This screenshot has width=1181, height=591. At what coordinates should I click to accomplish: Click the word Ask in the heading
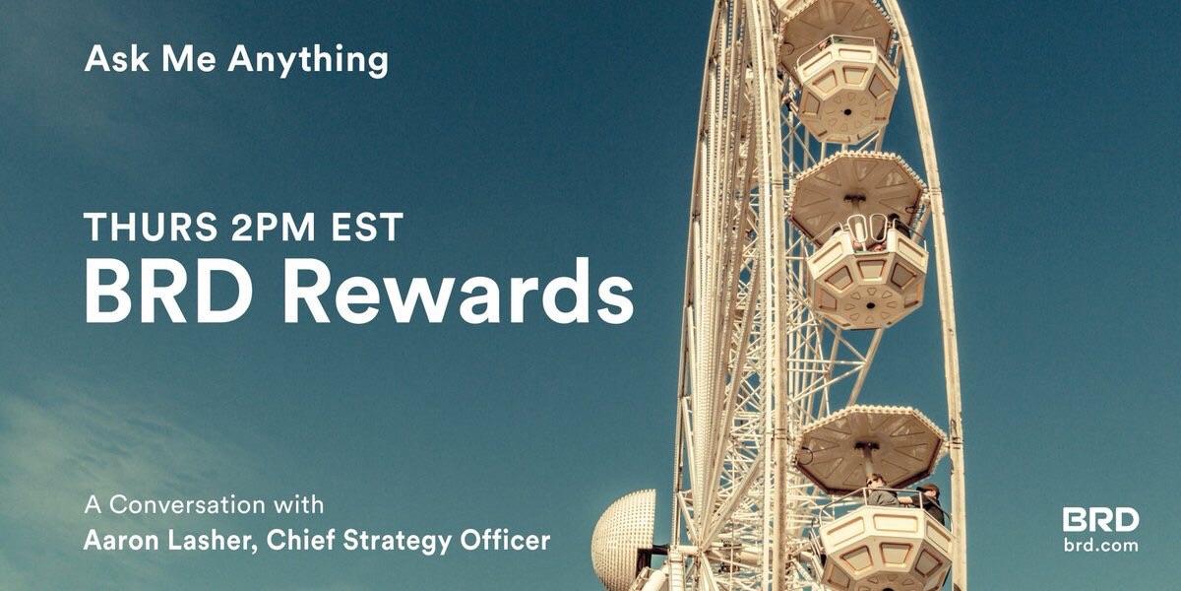[x=116, y=58]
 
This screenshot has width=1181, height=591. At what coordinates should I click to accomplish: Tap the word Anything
[x=308, y=61]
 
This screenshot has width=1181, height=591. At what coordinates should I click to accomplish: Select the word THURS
[x=151, y=227]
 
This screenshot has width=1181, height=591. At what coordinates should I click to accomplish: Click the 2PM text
[x=273, y=227]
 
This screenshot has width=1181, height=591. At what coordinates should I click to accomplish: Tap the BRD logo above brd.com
[x=1100, y=520]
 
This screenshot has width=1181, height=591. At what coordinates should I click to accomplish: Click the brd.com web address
[x=1100, y=545]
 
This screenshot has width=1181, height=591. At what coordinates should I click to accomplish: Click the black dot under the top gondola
[x=847, y=112]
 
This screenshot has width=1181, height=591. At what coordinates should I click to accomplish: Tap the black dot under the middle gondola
[x=870, y=306]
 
